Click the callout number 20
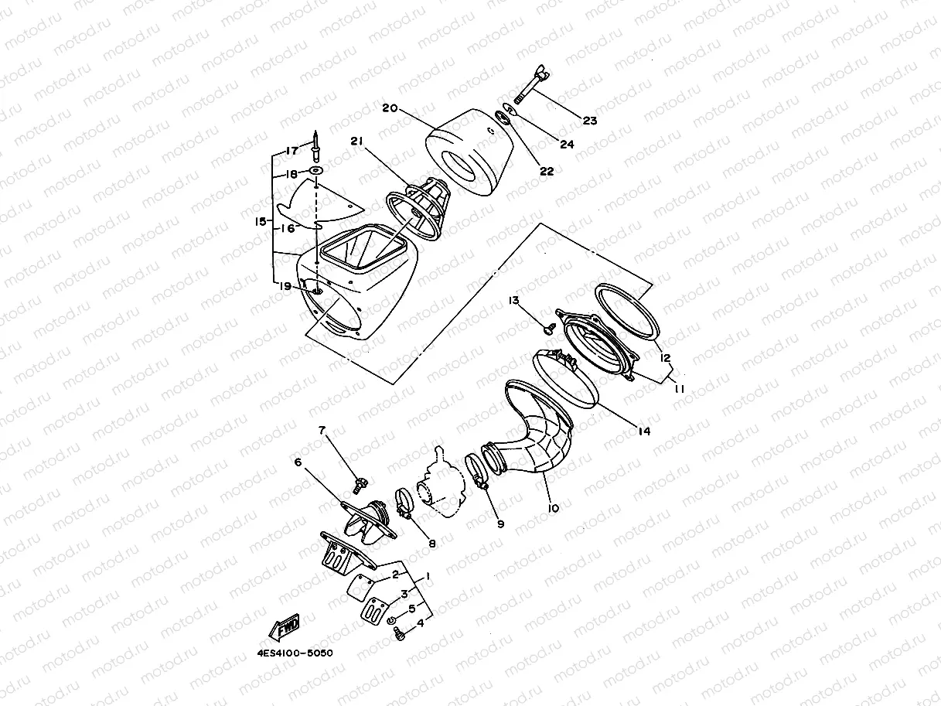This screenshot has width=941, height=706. tap(390, 108)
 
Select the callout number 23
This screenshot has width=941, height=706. tap(590, 121)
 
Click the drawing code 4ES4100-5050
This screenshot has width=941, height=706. tap(295, 653)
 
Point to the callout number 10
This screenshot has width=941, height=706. tap(553, 508)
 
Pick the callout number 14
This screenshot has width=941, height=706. tap(644, 431)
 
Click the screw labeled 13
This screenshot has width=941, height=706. tap(550, 328)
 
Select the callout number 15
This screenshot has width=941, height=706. tap(261, 222)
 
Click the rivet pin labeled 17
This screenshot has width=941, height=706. tap(316, 145)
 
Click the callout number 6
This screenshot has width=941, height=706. tap(297, 462)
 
